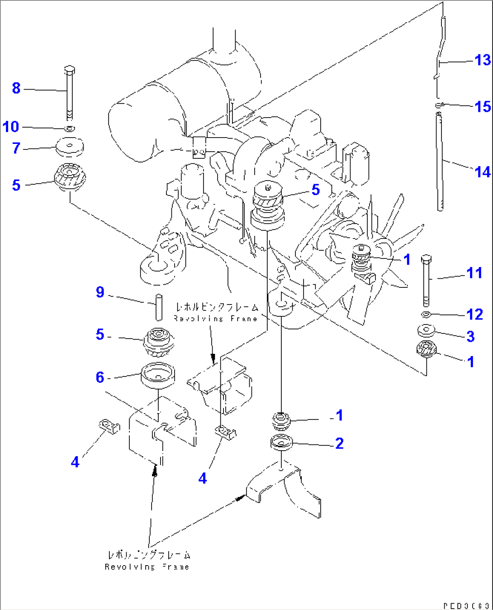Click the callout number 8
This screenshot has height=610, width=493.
[x=16, y=88]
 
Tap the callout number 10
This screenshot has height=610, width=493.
[x=11, y=127]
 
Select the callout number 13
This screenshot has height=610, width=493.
[x=482, y=60]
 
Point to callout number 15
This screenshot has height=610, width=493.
[x=483, y=107]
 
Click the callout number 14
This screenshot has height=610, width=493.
[x=482, y=172]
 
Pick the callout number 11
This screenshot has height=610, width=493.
[x=474, y=273]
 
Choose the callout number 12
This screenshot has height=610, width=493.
[x=474, y=314]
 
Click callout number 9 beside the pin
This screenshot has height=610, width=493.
[x=100, y=292]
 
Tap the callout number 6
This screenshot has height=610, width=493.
[x=100, y=377]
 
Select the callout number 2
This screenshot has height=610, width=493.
[x=339, y=443]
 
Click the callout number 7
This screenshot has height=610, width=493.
[x=16, y=148]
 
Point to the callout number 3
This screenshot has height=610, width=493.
[x=470, y=336]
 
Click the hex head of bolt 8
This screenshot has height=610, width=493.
[x=70, y=70]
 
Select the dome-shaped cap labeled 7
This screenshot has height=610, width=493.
[x=70, y=147]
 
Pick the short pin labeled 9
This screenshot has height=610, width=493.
[x=159, y=307]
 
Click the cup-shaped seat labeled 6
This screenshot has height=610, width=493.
[x=158, y=376]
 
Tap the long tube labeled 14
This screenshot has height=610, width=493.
[x=440, y=163]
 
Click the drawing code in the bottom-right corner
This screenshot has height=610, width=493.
[x=465, y=605]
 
